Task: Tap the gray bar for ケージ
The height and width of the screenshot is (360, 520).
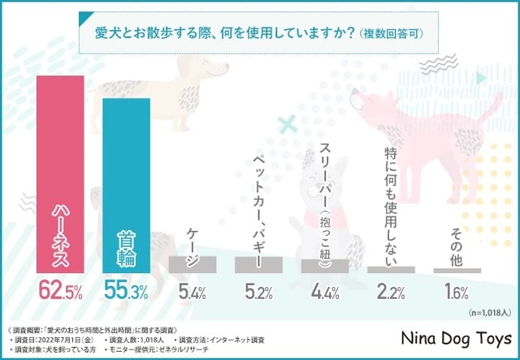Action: (192, 265)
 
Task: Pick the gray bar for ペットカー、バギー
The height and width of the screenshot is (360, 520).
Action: (258, 265)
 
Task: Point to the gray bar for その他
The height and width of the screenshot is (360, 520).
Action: (457, 271)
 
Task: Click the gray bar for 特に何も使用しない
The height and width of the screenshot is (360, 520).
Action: (391, 269)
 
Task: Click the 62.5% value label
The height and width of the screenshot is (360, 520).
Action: (60, 290)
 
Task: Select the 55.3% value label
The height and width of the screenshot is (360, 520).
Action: (127, 290)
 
